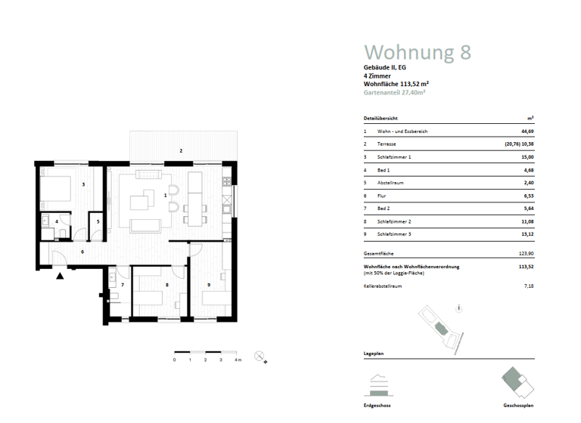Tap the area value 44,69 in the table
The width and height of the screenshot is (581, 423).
coord(525,131)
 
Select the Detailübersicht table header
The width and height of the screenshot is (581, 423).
coord(381,119)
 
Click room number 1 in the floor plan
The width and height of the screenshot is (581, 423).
coord(165,195)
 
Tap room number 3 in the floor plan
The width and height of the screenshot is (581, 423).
coord(82,184)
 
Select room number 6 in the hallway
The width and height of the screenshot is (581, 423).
coord(82,251)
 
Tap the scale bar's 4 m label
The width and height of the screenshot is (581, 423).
coord(238,360)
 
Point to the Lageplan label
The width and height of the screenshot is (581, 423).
coord(372,354)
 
